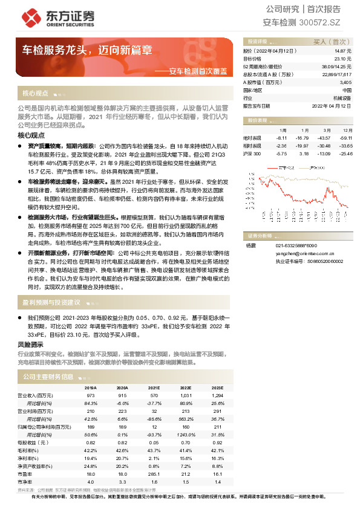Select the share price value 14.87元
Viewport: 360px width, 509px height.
(x=342, y=51)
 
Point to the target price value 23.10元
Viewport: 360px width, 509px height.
(x=342, y=59)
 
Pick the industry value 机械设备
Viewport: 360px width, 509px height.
(x=342, y=97)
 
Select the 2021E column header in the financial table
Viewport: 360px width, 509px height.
(x=154, y=387)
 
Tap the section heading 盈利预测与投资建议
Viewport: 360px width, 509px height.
(x=51, y=302)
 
